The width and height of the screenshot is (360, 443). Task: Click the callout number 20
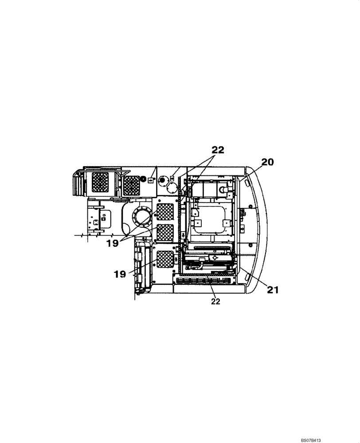pos(267,163)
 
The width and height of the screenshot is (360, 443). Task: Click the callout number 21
pos(273,290)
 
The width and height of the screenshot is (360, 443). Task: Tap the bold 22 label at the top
pos(217,150)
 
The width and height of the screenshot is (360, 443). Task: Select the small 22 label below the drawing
pos(215,301)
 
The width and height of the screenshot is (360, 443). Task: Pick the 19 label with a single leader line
pos(120,274)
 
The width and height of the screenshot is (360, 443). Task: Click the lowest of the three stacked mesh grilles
pos(165,259)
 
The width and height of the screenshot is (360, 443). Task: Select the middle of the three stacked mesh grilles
pos(165,232)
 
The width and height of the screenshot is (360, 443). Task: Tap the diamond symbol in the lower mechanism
pos(214,257)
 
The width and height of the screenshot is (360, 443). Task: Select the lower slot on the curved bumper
pos(247,278)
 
